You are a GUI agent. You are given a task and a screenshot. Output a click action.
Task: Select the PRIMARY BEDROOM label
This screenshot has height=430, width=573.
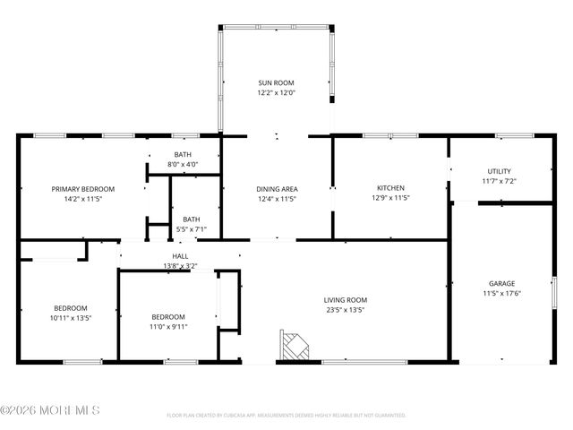click(x=83, y=189)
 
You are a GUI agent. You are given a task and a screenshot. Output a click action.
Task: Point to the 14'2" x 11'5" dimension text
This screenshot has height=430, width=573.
click(x=83, y=199)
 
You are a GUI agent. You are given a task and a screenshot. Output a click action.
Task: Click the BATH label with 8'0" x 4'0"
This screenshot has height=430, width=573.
click(x=183, y=155)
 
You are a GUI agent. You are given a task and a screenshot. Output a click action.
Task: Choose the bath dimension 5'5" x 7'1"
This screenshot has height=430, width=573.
click(x=192, y=229)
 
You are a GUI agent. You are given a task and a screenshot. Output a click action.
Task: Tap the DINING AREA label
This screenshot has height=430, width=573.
click(x=277, y=189)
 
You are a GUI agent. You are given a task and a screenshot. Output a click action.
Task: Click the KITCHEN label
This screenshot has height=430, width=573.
click(x=389, y=188)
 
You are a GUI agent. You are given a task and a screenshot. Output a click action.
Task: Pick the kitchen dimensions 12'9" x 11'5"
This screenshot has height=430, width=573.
click(x=389, y=198)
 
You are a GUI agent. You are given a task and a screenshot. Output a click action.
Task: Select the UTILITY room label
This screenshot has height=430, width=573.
click(x=500, y=171)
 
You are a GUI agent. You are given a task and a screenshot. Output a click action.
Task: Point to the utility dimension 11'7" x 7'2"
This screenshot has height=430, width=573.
click(x=500, y=181)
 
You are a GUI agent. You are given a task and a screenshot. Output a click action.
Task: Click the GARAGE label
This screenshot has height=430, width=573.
click(x=501, y=283)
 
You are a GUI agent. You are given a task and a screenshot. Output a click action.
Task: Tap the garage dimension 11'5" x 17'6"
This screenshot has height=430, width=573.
click(x=501, y=293)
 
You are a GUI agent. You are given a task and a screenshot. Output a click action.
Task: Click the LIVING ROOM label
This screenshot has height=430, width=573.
click(x=346, y=300)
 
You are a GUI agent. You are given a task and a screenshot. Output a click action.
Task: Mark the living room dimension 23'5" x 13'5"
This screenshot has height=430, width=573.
click(x=346, y=310)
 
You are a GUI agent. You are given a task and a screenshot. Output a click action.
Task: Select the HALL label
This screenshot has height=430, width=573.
click(x=180, y=256)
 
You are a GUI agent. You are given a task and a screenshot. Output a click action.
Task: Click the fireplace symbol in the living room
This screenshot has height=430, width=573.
click(x=294, y=345)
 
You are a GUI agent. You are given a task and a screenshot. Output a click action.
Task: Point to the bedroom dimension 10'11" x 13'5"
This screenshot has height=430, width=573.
click(x=71, y=317)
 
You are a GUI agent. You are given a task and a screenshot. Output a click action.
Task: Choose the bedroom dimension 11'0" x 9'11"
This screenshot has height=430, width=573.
click(x=168, y=326)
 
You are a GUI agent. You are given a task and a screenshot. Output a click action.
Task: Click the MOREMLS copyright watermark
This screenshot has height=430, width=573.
click(x=50, y=410)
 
